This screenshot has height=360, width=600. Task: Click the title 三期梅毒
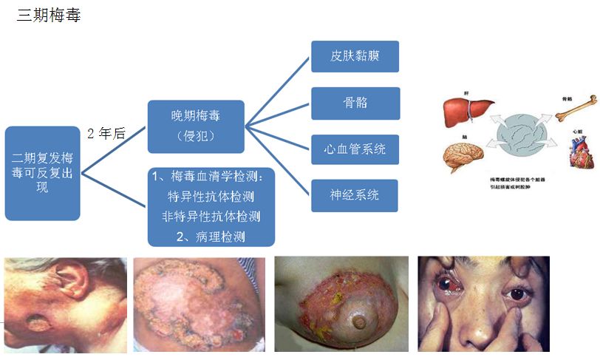[49, 16]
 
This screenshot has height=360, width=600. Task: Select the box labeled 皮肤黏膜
[355, 56]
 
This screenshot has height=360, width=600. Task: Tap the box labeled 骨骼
[355, 103]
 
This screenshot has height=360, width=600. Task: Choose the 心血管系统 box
[355, 149]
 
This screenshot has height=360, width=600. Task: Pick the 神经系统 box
[355, 195]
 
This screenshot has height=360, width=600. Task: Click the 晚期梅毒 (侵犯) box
[196, 126]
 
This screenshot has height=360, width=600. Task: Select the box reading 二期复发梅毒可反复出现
[42, 173]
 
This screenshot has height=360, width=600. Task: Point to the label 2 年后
[106, 134]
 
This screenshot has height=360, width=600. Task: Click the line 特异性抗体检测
[211, 197]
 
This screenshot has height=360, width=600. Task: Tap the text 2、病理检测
[211, 237]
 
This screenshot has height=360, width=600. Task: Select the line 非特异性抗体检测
[211, 217]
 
